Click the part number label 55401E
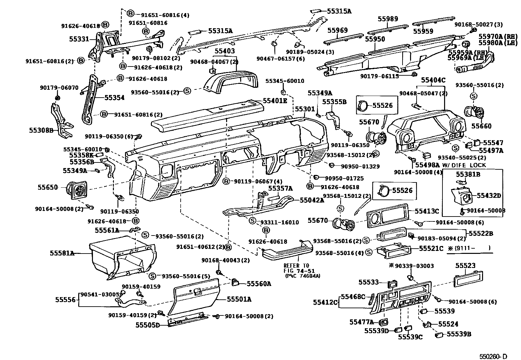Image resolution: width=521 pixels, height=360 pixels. (275, 101)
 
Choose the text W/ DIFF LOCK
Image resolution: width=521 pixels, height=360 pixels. (464, 165)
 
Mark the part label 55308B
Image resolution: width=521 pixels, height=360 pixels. (41, 130)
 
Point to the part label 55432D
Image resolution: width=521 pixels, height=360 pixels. (489, 196)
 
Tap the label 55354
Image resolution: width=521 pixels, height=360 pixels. (115, 98)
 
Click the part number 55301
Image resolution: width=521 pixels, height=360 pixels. (305, 109)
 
